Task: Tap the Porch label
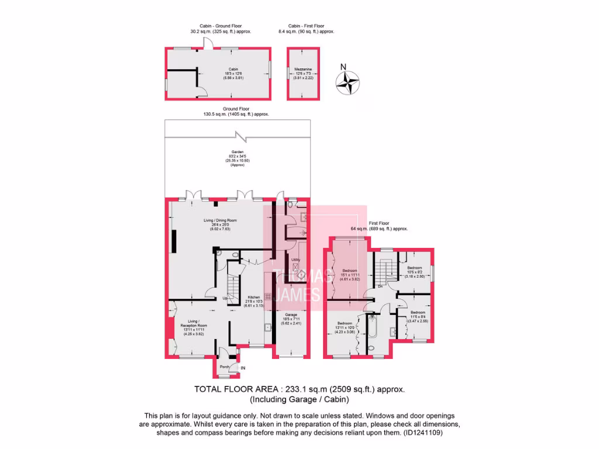(224, 367)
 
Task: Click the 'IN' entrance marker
(243, 368)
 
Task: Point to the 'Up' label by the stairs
(225, 299)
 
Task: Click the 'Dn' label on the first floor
(380, 286)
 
